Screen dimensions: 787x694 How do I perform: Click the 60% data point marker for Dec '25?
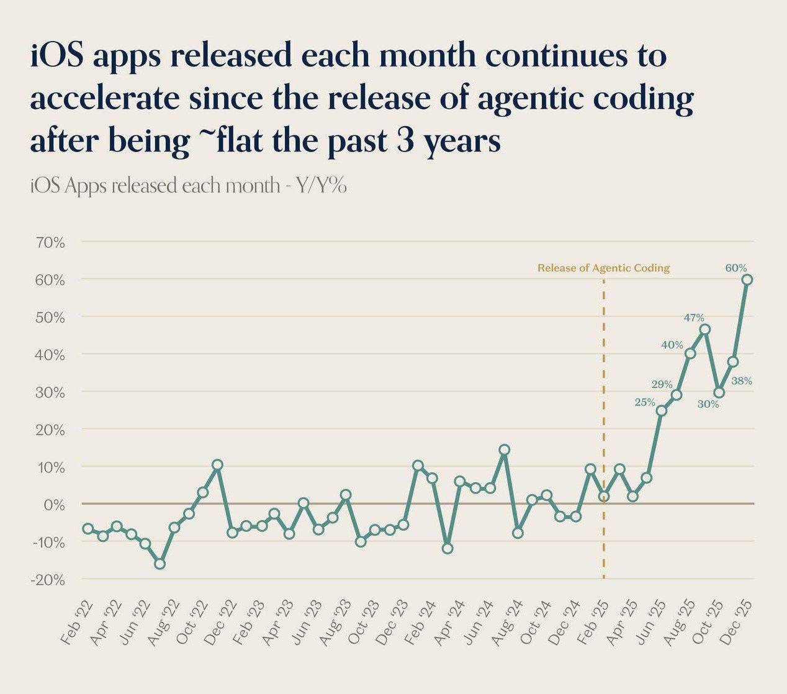click(x=747, y=279)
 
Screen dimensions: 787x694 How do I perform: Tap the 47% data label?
click(x=694, y=317)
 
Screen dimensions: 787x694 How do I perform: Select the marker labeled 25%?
click(x=661, y=410)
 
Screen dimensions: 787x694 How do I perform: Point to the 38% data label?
click(x=742, y=381)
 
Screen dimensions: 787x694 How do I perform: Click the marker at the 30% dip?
click(x=719, y=392)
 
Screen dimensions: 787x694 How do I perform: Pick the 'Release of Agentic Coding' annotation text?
click(x=604, y=268)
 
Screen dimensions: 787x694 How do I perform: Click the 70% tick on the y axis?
click(x=50, y=243)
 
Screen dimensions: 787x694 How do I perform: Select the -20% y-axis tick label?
click(x=48, y=580)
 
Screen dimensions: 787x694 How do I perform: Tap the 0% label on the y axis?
click(x=54, y=505)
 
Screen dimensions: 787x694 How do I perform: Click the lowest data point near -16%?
click(x=160, y=564)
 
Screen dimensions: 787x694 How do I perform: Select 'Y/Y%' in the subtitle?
click(x=322, y=185)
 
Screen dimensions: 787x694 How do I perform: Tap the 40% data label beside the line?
click(x=672, y=345)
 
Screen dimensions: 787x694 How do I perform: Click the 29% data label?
click(x=662, y=385)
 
